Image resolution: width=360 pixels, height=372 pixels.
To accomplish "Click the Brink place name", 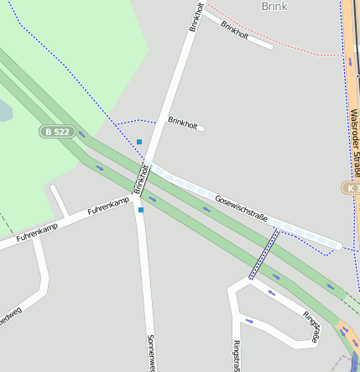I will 274,6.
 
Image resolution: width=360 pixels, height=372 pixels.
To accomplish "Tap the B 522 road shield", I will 56,132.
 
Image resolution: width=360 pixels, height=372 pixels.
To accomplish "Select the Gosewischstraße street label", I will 241,210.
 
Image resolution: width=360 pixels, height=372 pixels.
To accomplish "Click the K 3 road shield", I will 351,187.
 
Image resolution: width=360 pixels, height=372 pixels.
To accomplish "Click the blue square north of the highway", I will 139,142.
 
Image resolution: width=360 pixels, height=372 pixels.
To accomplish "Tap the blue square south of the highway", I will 141,209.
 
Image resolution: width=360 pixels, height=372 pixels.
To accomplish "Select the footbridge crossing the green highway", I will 263,254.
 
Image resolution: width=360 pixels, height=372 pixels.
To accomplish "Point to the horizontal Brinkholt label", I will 183,123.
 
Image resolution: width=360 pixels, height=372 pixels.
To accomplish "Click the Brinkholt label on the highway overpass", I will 140,177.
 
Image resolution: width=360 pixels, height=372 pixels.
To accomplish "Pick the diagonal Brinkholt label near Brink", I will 234,29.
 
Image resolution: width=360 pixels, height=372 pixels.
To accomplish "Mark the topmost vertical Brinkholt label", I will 196,16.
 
